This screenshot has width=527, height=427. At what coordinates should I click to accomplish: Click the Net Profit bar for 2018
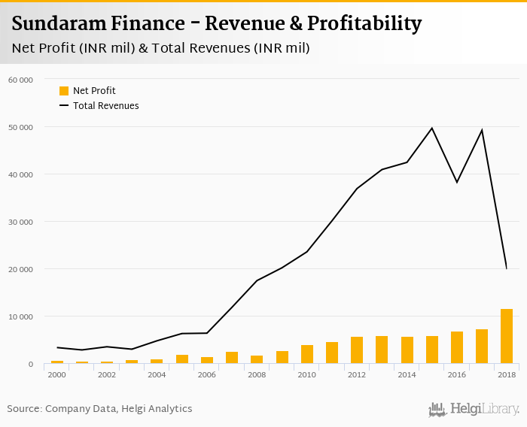pos(507,337)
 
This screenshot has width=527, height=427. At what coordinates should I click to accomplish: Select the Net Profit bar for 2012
pos(357,350)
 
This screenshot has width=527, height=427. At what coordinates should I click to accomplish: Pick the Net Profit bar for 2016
pos(457,348)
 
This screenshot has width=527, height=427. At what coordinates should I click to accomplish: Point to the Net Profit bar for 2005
pos(182,359)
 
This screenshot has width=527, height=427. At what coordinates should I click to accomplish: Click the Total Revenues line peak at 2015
pos(432,128)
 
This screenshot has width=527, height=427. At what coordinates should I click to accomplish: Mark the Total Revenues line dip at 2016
pos(457,182)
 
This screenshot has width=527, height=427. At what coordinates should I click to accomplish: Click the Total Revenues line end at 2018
pos(507,268)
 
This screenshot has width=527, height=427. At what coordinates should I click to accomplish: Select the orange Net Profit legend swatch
pos(64,91)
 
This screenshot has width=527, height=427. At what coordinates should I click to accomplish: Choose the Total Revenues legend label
pos(105,106)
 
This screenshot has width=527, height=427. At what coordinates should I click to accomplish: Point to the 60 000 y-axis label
pos(20,80)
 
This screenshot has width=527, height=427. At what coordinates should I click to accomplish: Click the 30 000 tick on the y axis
pos(20,222)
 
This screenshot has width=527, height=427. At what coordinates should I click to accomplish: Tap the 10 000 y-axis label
pos(20,316)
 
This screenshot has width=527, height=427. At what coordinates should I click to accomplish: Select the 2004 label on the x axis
pos(157,374)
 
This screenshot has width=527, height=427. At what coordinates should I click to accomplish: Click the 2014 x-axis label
pos(407,374)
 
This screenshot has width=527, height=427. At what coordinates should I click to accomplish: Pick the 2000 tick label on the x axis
pos(57,374)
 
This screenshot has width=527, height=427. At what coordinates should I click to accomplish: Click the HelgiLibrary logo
pos(474,409)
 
